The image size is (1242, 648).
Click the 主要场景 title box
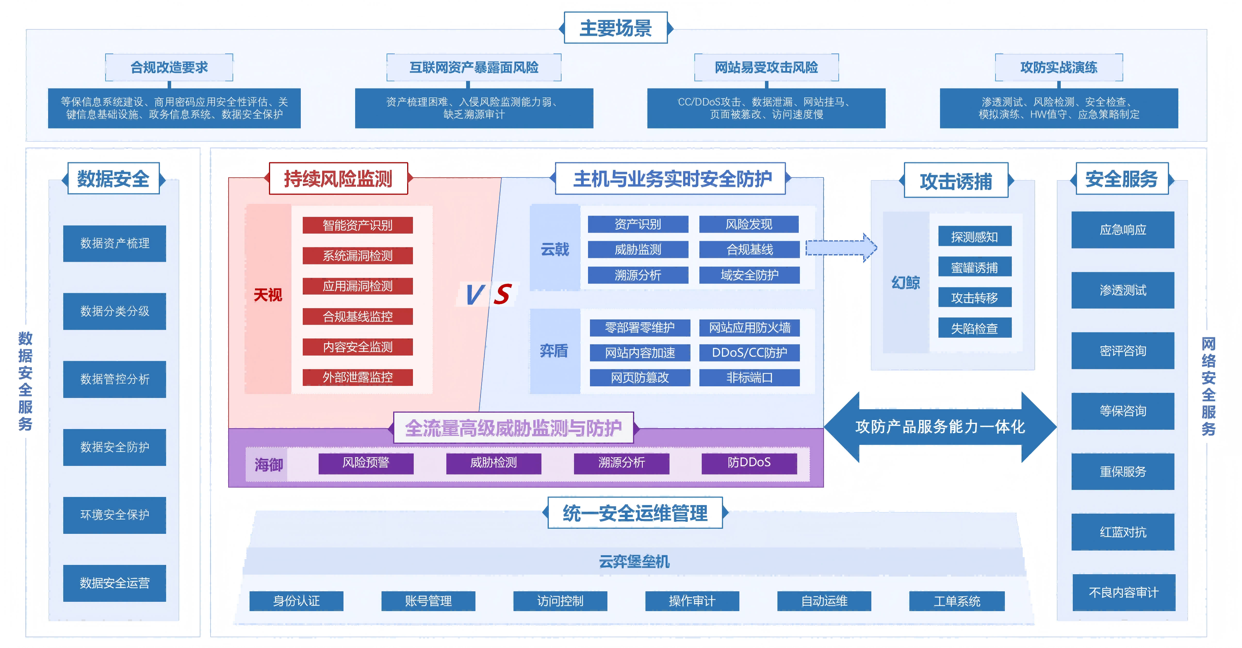[615, 28]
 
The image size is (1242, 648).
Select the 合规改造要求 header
[169, 68]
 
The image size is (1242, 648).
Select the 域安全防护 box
[749, 275]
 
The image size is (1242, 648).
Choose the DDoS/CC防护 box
[749, 353]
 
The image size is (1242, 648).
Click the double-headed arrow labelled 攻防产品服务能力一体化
[940, 427]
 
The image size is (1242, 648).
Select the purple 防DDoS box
[748, 463]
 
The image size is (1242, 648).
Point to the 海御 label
[268, 464]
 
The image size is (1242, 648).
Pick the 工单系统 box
[957, 601]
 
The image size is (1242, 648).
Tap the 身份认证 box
[296, 601]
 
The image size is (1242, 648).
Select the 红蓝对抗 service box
[1122, 532]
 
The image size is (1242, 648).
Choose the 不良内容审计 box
[1123, 592]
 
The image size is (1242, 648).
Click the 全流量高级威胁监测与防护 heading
[513, 427]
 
